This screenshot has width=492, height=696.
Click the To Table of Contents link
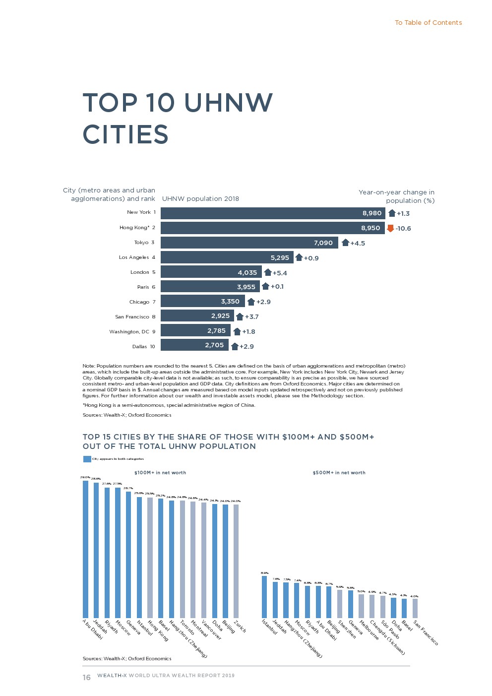[x=428, y=23]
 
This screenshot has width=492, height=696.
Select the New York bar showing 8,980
[x=273, y=213]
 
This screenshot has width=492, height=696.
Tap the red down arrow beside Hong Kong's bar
[x=390, y=228]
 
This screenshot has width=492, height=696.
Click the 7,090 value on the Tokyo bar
[x=323, y=243]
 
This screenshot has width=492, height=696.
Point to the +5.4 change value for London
[x=280, y=273]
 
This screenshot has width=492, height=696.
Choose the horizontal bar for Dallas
[x=194, y=345]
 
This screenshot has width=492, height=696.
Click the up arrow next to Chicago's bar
[x=251, y=302]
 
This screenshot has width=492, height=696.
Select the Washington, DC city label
[x=129, y=332]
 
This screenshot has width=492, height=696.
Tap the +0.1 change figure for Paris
[x=277, y=287]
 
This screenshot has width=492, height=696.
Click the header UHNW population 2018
[x=200, y=199]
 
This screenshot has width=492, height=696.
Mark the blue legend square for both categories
[x=87, y=459]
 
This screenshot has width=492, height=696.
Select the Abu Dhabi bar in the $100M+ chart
[x=85, y=549]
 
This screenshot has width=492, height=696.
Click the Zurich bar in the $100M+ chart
[x=236, y=561]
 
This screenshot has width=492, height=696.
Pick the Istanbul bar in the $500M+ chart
[x=264, y=596]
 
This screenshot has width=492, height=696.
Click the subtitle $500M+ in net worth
[x=339, y=473]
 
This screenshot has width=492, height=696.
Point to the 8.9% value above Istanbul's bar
[x=264, y=573]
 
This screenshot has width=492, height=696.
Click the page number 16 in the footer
[x=86, y=678]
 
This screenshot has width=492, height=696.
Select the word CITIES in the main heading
[x=125, y=134]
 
